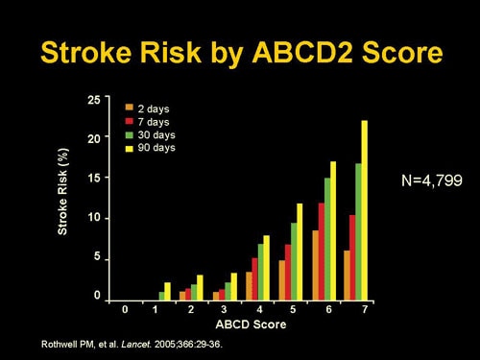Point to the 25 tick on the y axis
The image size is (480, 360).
point(92,99)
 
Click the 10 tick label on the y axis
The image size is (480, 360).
point(92,218)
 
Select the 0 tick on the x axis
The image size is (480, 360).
point(124,311)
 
